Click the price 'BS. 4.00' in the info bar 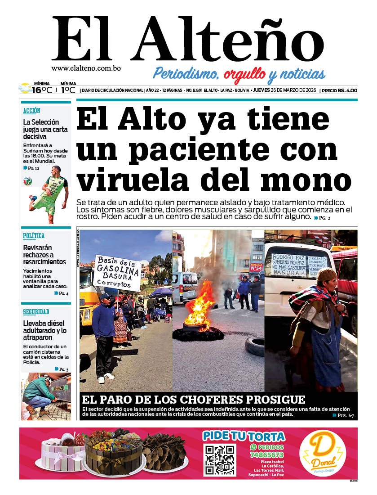[347, 90]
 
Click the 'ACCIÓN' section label [32, 110]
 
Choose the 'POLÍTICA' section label [34, 235]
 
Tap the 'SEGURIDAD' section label [36, 311]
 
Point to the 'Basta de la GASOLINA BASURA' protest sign [117, 272]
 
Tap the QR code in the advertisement [219, 460]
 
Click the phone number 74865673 [267, 455]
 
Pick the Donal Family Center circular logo [321, 454]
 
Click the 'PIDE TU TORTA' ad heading [244, 436]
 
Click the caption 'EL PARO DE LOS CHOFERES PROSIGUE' [194, 399]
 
